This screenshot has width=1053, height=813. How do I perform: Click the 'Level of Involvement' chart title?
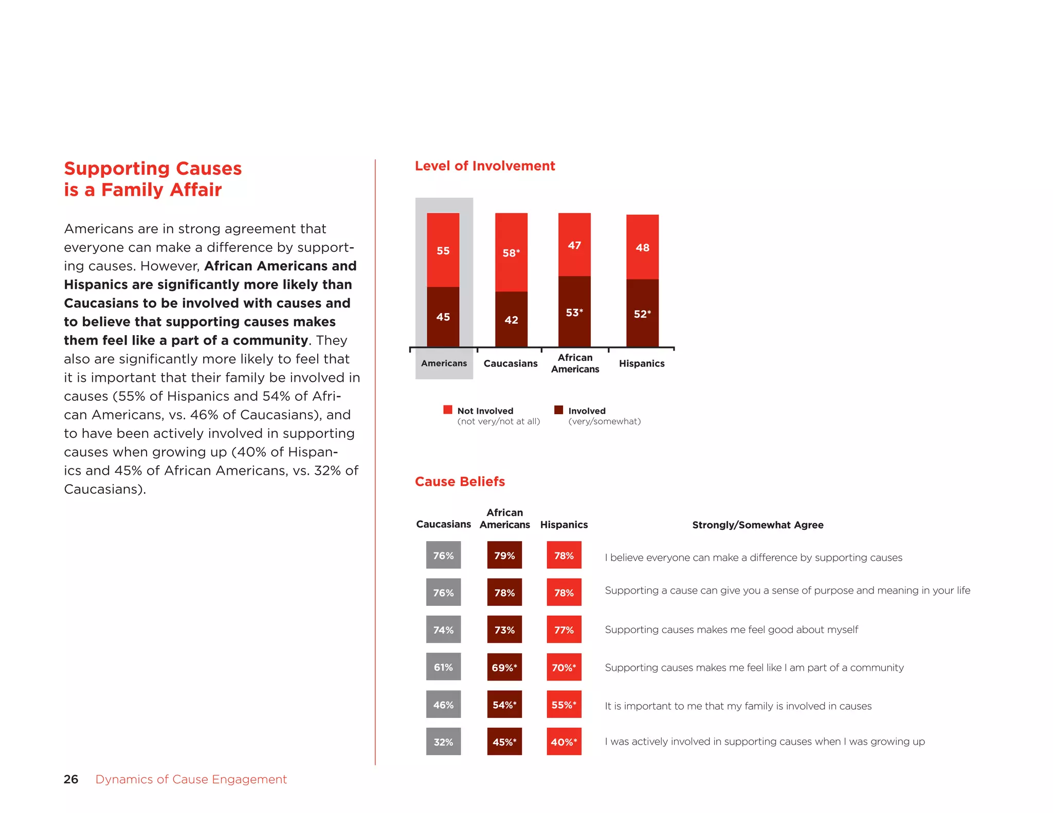(485, 166)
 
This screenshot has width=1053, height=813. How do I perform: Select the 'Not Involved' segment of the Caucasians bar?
(511, 252)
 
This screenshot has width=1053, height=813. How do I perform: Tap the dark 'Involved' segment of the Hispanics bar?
(642, 313)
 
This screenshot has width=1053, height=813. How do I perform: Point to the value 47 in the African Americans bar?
(574, 246)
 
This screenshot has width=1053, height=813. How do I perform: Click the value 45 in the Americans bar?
(443, 317)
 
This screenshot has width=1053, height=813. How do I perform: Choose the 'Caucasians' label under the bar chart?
(511, 363)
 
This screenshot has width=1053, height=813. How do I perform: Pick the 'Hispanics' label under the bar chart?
(642, 363)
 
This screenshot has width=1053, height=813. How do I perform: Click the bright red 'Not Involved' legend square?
(448, 410)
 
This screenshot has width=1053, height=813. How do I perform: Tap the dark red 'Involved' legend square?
(558, 410)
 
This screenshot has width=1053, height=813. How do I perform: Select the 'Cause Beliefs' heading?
(460, 482)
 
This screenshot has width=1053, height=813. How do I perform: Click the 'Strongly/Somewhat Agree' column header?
(757, 525)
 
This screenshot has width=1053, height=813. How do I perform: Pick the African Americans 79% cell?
(504, 555)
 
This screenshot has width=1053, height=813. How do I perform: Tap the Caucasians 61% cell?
(443, 667)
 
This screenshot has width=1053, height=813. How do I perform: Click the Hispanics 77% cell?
(564, 630)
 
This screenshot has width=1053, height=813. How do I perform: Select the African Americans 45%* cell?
(504, 742)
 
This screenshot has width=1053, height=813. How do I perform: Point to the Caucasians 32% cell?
(443, 742)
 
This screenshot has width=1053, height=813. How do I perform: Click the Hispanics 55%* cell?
(564, 705)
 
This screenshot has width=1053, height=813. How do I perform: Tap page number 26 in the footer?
(71, 779)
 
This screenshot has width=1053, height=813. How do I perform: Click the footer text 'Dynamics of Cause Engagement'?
(191, 779)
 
